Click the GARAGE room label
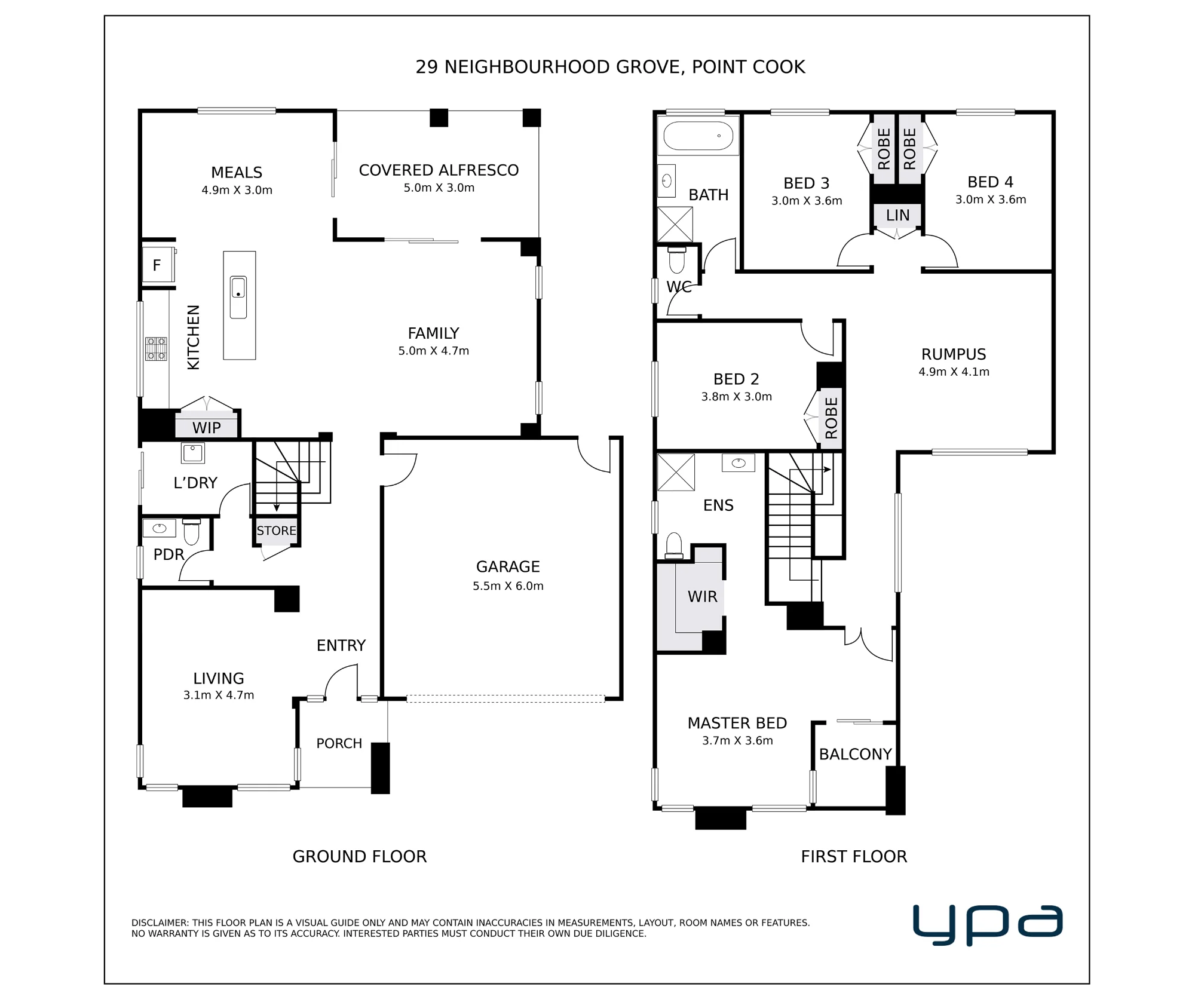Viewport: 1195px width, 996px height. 508,566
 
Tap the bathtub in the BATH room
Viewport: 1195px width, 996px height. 698,136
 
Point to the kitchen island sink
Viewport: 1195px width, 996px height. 238,297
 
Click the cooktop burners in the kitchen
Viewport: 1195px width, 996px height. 157,349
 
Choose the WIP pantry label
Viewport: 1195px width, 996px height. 207,428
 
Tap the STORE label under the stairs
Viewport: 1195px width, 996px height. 277,531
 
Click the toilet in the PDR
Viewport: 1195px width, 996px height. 191,532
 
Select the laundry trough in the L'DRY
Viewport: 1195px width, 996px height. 193,453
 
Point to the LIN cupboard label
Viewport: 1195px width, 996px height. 897,215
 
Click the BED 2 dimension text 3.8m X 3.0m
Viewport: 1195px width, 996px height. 737,397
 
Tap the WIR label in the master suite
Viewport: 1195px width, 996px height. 702,596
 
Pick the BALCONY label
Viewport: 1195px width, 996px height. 855,754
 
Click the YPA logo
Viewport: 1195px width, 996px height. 988,924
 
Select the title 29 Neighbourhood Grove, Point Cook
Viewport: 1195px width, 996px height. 610,67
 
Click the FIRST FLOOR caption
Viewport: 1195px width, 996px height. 854,856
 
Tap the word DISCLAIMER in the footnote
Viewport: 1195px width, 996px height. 159,923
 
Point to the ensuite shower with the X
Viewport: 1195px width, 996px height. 676,472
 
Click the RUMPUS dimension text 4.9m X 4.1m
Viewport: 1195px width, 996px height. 954,372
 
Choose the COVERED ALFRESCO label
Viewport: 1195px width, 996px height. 439,170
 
